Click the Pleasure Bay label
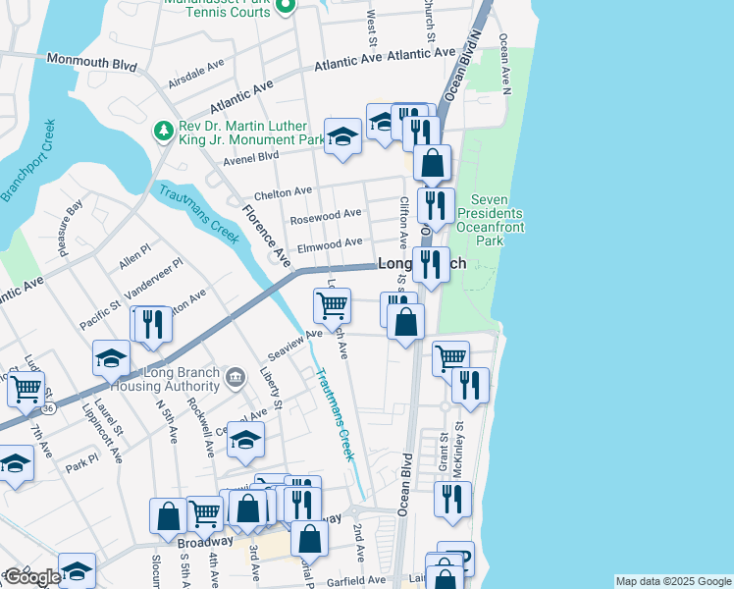tap(70, 228)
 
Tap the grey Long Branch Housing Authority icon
tap(235, 378)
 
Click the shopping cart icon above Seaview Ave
tap(332, 305)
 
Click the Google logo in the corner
tap(31, 577)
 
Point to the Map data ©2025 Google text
tap(672, 581)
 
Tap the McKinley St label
tap(458, 454)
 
